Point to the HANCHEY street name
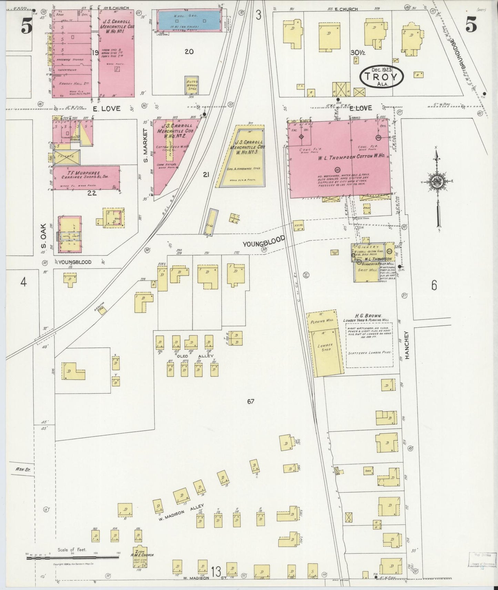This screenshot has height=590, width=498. tap(407, 345)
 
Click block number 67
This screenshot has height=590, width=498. tap(250, 401)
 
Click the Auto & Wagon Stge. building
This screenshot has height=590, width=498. tap(192, 85)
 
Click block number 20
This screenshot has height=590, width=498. tap(189, 52)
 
